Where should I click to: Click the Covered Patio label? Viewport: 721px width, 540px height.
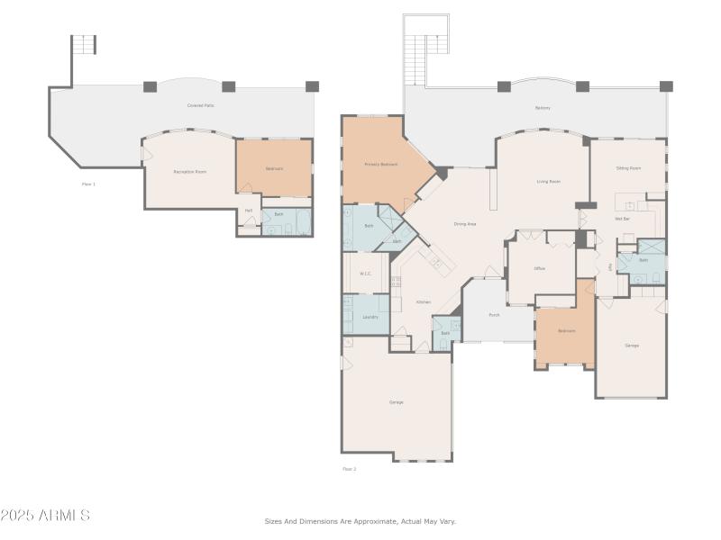coord(200,106)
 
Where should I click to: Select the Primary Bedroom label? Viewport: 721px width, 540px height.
coord(381,165)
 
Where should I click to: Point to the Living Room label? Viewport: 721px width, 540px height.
coord(549,182)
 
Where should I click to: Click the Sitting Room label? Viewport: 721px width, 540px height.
coord(628,168)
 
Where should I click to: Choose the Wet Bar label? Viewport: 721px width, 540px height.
coord(622,219)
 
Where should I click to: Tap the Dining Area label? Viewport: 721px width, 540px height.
coord(465,224)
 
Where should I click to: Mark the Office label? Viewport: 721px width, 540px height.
coord(540,268)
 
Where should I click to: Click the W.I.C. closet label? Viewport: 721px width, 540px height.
coord(366,274)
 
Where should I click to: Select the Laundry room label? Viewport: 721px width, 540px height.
coord(370,317)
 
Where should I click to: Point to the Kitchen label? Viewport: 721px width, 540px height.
coord(424,302)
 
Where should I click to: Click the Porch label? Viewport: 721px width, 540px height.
coord(495,315)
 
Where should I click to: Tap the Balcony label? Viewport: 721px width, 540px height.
coord(543,108)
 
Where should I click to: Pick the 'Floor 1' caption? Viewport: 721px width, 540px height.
coord(88,184)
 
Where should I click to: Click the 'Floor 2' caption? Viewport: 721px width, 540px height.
coord(349,469)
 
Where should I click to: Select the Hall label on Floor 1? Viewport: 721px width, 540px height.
coord(248,211)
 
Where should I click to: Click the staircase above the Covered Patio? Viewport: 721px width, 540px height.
coord(84,44)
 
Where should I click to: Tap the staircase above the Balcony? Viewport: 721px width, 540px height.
coord(425,49)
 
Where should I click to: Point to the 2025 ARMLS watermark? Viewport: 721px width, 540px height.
coord(45,516)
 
